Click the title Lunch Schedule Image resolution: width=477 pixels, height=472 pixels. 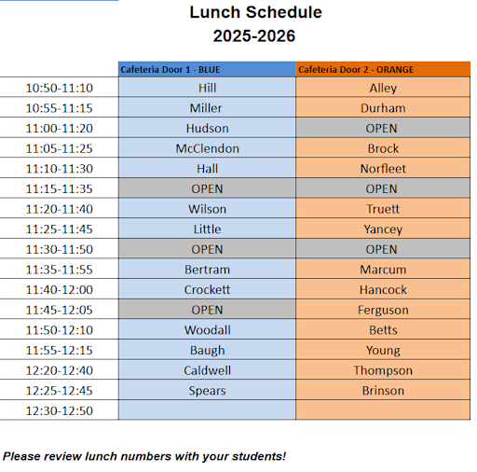click(255, 13)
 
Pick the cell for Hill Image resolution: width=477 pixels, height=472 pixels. click(207, 88)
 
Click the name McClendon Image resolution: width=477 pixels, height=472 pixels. click(207, 148)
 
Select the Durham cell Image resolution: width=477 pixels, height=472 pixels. click(383, 108)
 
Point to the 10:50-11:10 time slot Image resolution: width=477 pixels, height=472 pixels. click(60, 88)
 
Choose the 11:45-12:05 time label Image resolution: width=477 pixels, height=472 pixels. click(60, 310)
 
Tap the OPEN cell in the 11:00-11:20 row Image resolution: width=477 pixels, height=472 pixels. click(383, 129)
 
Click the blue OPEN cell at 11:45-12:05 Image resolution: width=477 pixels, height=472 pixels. click(207, 310)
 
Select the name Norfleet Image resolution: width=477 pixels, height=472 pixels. click(383, 169)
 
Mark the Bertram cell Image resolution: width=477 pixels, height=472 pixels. click(207, 270)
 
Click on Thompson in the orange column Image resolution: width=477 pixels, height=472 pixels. click(383, 370)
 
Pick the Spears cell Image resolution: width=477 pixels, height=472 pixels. click(207, 391)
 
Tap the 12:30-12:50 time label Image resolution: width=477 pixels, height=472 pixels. click(60, 410)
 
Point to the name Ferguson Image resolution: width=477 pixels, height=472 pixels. click(383, 310)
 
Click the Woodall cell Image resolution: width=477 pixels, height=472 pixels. click(207, 330)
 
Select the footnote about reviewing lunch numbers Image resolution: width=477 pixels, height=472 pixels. click(144, 456)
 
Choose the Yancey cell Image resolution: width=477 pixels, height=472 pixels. click(383, 229)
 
